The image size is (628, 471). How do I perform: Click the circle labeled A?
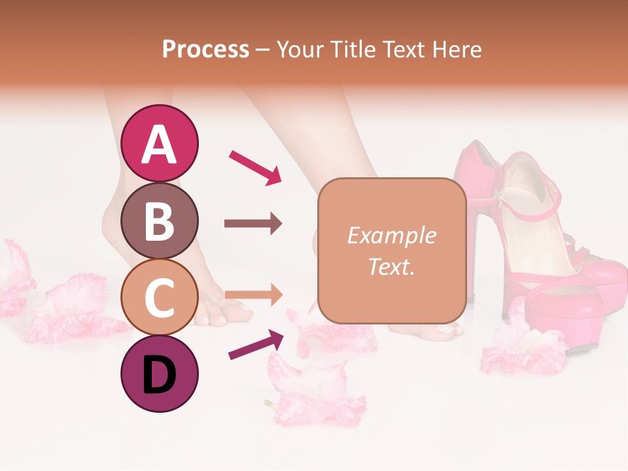(159, 143)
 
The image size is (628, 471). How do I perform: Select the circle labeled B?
(159, 220)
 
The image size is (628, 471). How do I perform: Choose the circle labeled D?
(159, 374)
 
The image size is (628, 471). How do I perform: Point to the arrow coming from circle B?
(253, 224)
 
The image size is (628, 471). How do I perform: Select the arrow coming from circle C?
(253, 296)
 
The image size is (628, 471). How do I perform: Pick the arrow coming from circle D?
(255, 344)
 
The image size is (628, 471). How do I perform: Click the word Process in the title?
(205, 49)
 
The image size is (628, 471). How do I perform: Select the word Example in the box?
(391, 235)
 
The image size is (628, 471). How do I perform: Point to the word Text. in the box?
(391, 266)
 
